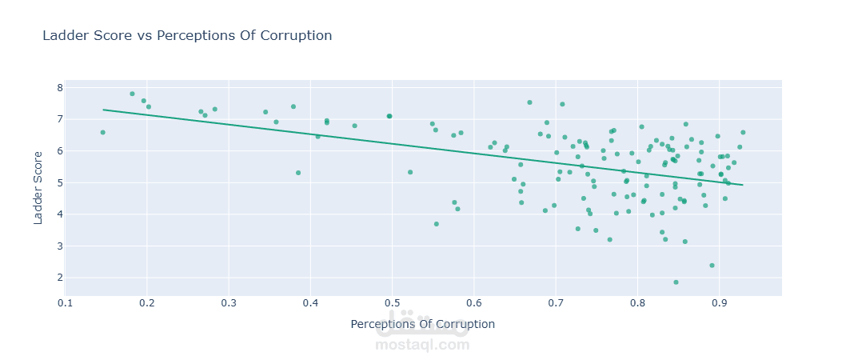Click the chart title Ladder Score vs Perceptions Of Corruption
[186, 36]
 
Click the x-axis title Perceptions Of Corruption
[422, 324]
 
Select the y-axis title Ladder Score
[39, 189]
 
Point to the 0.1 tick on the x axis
[66, 303]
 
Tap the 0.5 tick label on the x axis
[392, 303]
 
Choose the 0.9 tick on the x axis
[719, 303]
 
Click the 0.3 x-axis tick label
[229, 303]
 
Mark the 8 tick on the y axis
[59, 88]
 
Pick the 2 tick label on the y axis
[59, 278]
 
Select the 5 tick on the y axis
[59, 182]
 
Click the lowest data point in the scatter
[676, 282]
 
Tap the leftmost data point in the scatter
[102, 132]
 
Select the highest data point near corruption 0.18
[132, 94]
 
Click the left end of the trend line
[103, 110]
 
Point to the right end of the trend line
[743, 185]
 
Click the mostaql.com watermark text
[422, 345]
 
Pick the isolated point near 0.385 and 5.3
[298, 173]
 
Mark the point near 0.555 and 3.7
[437, 224]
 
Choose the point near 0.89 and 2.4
[712, 266]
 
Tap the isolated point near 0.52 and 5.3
[410, 172]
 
